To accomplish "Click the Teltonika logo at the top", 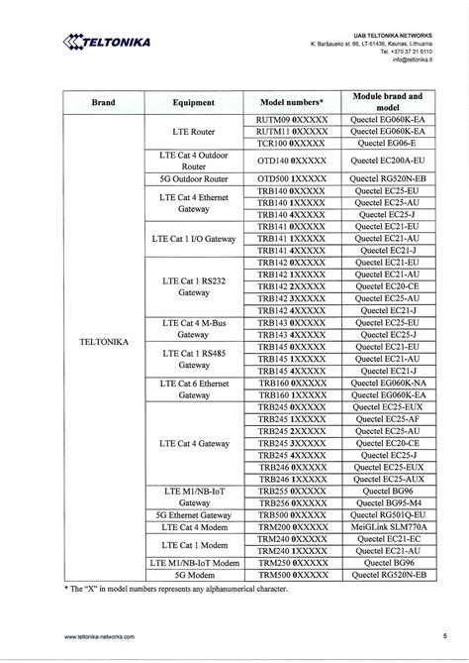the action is (107, 42).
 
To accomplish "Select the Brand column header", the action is (103, 102).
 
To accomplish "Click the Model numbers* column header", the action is (291, 102).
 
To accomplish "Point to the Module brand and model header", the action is (388, 102).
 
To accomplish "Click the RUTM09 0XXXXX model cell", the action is (291, 120).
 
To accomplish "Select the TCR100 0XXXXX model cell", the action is (291, 144).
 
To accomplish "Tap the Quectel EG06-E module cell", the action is (388, 144).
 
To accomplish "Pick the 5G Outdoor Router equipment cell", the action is (194, 179).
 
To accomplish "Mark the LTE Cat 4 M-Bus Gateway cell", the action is (194, 329).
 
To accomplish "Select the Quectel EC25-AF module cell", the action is (388, 419).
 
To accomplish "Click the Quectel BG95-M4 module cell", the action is (388, 502).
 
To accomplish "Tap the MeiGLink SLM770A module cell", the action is (388, 527).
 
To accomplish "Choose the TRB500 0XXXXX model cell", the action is (291, 515).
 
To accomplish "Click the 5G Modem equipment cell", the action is (194, 575).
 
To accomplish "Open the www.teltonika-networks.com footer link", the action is (99, 636).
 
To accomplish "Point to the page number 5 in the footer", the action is (444, 636).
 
